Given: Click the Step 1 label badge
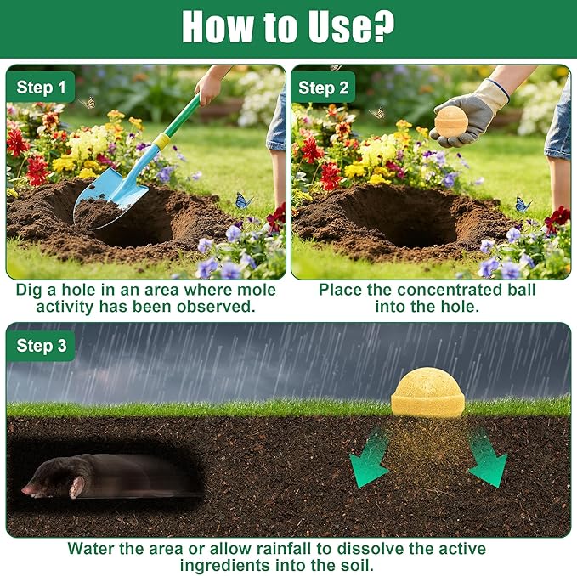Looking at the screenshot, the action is tap(41, 87).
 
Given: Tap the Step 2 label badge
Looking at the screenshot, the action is tap(323, 88).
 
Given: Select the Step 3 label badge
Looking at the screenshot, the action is tap(41, 346).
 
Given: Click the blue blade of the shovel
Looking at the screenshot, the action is tap(110, 199).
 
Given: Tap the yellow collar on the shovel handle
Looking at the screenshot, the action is tap(162, 140).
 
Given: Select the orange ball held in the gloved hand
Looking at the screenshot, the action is tap(451, 121).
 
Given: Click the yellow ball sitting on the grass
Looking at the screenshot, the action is tap(428, 392).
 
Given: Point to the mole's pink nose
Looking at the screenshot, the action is tap(25, 489).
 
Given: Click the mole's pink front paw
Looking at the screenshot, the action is tap(76, 488).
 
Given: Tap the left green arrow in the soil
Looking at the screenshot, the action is tap(369, 458).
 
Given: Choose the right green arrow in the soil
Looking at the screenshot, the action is tap(487, 458).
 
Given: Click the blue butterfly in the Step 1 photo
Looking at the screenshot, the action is tap(243, 200).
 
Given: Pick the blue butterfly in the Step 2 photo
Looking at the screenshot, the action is tap(523, 205).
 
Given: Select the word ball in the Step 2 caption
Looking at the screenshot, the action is tap(522, 290).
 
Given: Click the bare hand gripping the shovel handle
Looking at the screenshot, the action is tap(209, 88).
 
